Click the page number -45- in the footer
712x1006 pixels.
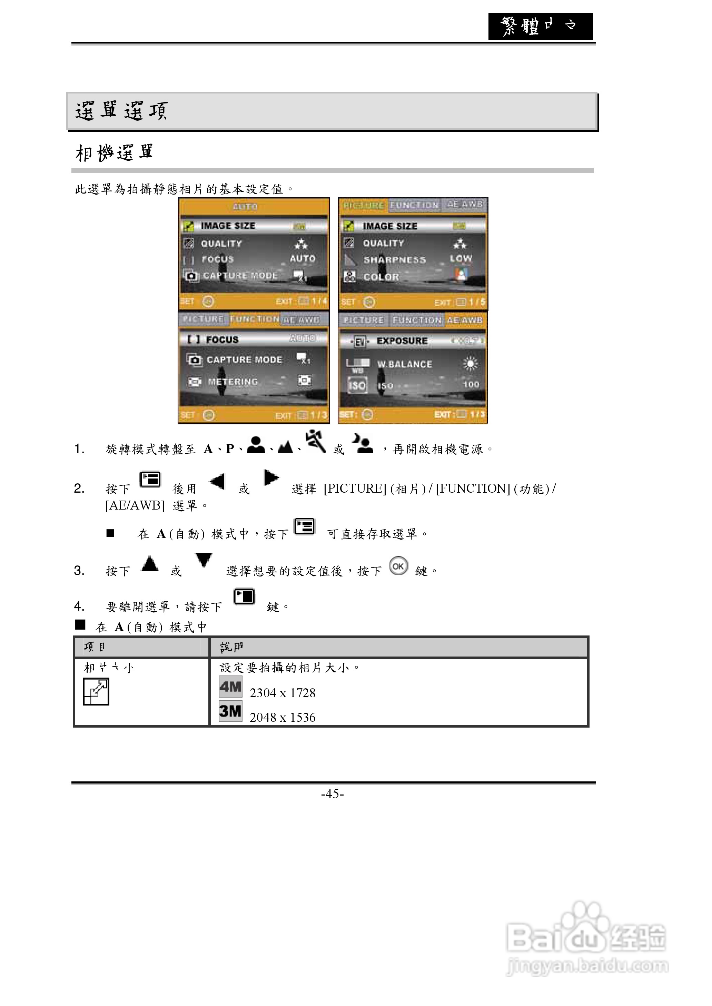tap(332, 793)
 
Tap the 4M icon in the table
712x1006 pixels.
tap(231, 687)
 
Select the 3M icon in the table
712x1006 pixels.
tap(231, 711)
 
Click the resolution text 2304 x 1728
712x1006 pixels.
tap(282, 693)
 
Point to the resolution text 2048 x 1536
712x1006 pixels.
tap(282, 718)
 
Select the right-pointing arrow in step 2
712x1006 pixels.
tap(271, 477)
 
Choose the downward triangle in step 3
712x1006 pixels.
tap(204, 559)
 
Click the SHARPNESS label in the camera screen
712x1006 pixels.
tap(394, 259)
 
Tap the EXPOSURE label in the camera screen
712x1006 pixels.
tap(402, 341)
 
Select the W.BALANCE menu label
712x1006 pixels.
tap(405, 364)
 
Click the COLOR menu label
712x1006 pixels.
tap(381, 277)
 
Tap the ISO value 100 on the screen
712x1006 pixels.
tap(471, 384)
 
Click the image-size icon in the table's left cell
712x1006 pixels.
tap(96, 692)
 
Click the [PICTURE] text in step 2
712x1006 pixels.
tap(355, 488)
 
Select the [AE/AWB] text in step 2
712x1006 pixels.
tap(135, 505)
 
